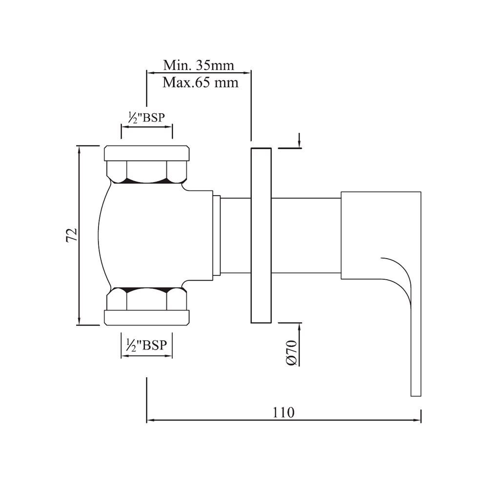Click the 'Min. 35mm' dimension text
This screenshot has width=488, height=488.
[x=199, y=65]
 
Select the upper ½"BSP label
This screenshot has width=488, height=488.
[x=146, y=117]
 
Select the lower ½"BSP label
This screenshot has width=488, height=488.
[x=146, y=345]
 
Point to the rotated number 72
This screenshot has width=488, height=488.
[x=71, y=235]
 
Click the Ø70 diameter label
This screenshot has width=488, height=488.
[x=292, y=353]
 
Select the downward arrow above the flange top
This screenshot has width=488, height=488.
[x=300, y=143]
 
